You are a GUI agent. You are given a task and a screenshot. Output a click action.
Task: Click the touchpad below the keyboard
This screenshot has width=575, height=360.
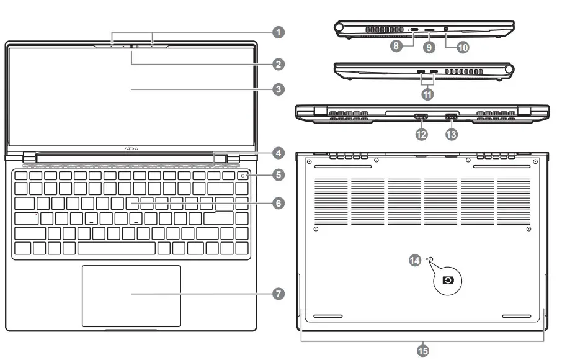pos(131,295)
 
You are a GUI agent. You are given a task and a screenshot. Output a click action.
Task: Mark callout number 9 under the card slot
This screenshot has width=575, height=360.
pos(429,45)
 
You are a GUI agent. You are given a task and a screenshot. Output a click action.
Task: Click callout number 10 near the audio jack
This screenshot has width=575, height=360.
pos(463,45)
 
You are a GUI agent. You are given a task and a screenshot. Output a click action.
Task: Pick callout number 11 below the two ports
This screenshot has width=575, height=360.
pos(427,94)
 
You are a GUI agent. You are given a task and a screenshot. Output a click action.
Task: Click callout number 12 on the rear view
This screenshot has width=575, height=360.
pos(421,133)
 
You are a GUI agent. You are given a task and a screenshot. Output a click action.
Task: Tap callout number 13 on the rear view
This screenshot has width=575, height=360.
pos(452,133)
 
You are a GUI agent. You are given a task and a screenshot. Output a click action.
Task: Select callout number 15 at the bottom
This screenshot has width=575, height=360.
pos(422,351)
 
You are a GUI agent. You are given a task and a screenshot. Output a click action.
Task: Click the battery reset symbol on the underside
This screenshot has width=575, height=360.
pos(447,280)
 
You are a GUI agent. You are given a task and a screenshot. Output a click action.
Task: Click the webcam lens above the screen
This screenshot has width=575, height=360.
pos(131,46)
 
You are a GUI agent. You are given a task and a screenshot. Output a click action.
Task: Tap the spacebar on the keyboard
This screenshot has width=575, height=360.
pos(117,248)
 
